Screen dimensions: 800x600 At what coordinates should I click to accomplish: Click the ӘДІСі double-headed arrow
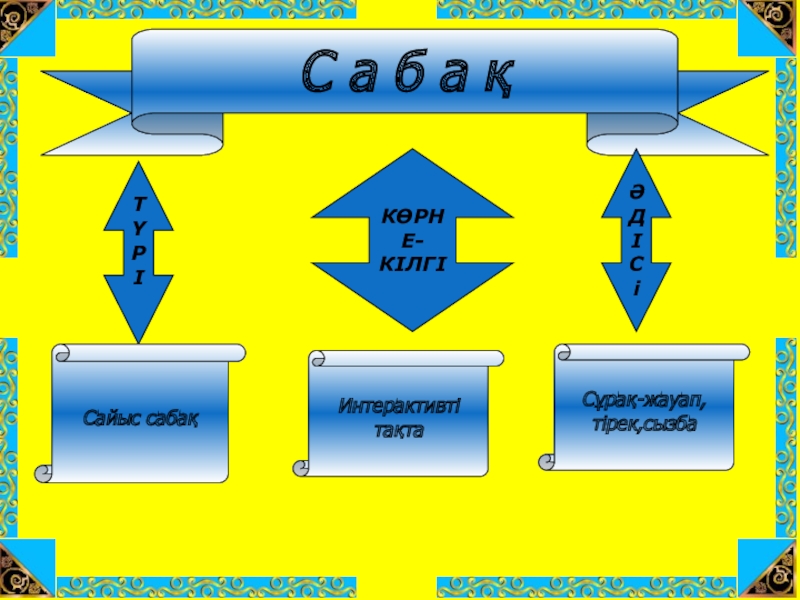[x=636, y=240]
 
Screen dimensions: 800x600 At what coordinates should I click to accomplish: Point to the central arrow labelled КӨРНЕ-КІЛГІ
[x=412, y=240]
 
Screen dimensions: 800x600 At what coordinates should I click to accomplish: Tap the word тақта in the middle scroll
[x=400, y=431]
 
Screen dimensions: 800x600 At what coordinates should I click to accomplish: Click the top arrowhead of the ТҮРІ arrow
[x=139, y=175]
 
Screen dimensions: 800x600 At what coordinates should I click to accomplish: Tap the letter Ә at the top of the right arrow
[x=636, y=188]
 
